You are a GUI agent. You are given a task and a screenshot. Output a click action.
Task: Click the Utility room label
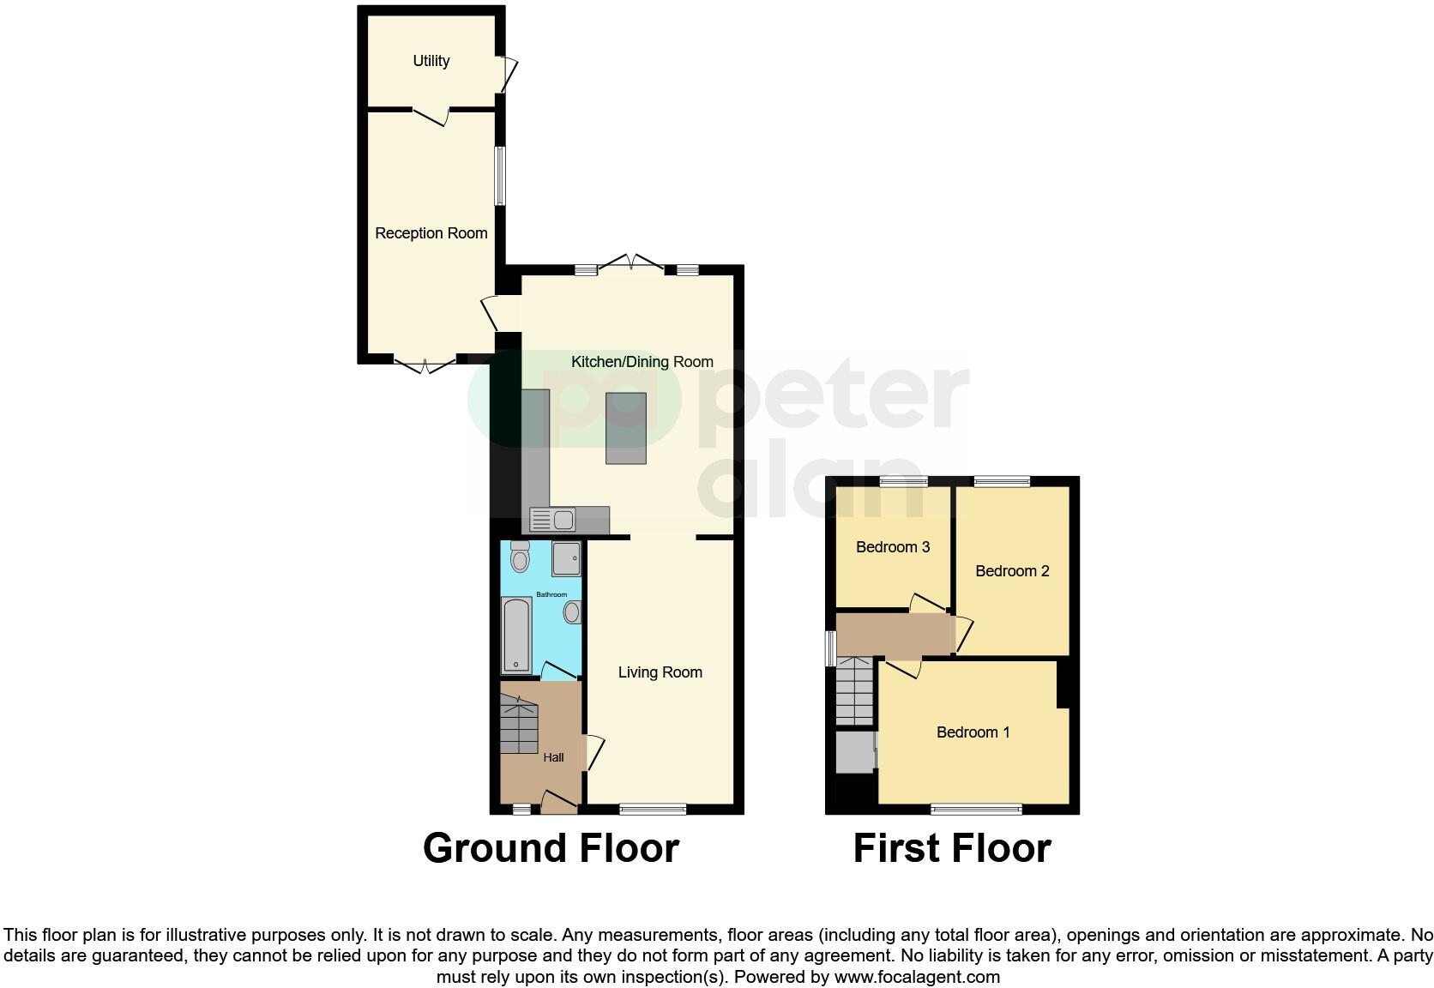point(431,61)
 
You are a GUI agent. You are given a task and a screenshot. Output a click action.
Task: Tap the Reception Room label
point(431,233)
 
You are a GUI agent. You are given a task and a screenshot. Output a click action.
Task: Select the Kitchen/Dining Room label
point(642,362)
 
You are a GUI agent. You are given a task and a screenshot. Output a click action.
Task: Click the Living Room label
point(660,673)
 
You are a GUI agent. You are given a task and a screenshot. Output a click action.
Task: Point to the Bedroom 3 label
point(893,547)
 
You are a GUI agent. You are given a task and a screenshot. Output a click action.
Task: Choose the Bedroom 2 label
point(1012,571)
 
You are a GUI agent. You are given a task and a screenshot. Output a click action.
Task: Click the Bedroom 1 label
point(973,732)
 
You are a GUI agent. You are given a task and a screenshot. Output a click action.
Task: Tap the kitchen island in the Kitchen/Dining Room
point(626,428)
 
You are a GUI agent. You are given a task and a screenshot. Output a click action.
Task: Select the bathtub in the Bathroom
point(516,634)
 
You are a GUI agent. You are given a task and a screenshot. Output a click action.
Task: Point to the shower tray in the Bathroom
point(566,558)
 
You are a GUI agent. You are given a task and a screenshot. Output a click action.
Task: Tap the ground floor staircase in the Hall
point(519,725)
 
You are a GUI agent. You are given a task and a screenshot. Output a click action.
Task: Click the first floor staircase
point(854,690)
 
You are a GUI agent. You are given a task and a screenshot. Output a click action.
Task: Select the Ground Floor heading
point(551,848)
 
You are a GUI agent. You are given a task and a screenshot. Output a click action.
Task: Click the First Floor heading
point(951,848)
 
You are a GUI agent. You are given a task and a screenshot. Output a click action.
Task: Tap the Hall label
point(553,757)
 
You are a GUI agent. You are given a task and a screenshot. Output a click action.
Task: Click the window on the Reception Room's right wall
point(499,175)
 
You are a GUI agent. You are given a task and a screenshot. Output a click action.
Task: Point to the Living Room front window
point(653,808)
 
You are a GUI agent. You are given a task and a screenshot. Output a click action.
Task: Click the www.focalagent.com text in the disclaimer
point(916,977)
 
